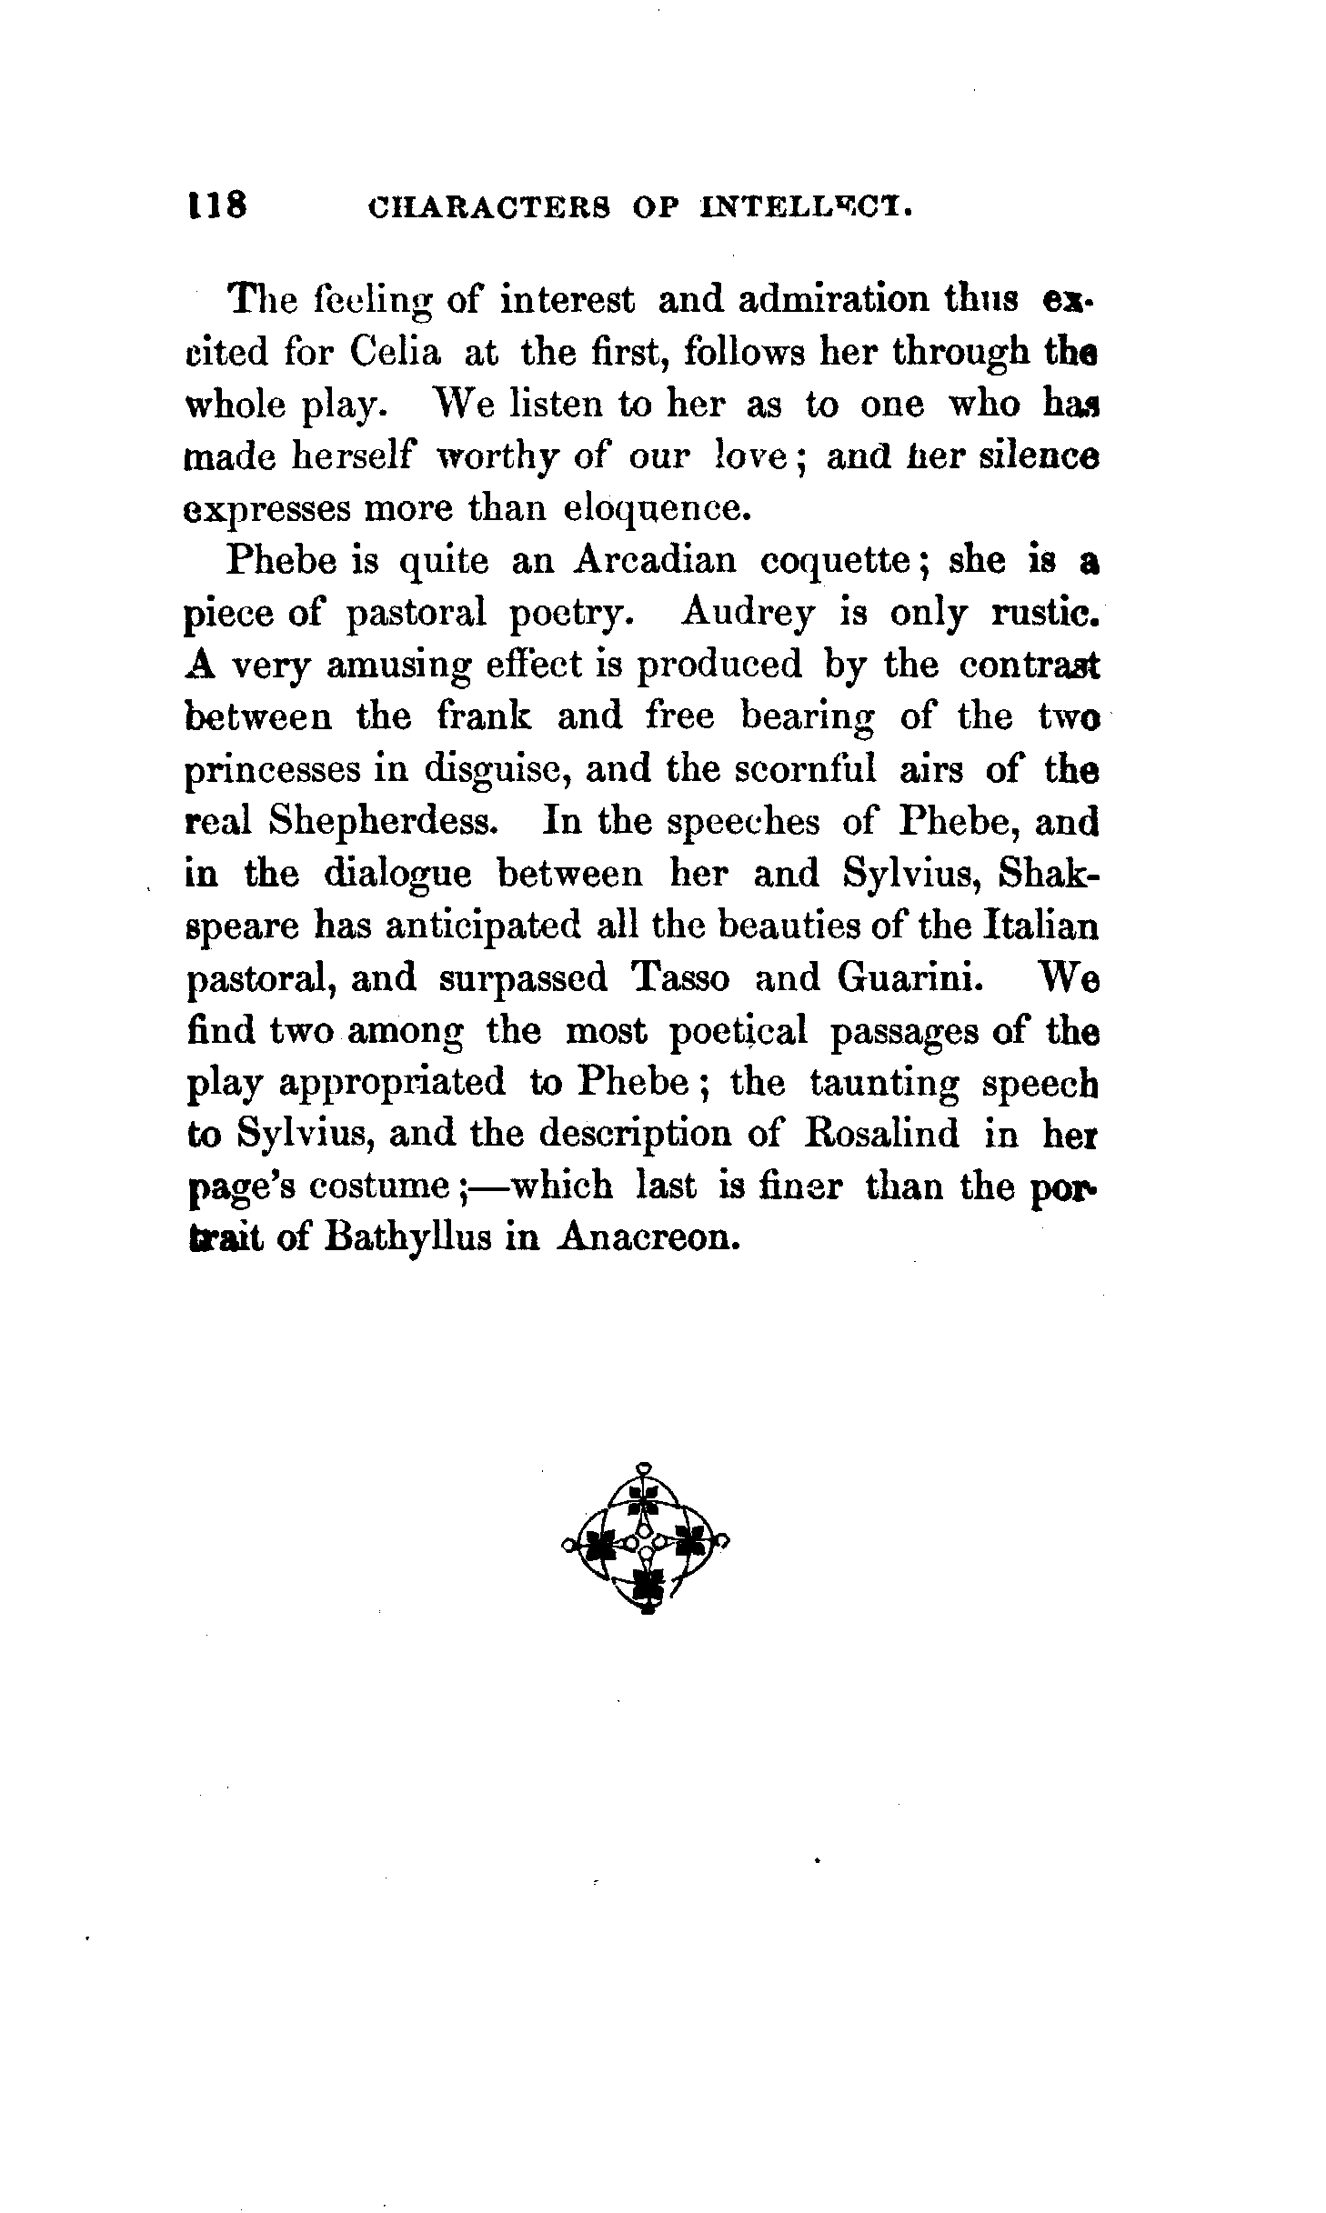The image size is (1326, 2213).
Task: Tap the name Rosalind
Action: [882, 1134]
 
